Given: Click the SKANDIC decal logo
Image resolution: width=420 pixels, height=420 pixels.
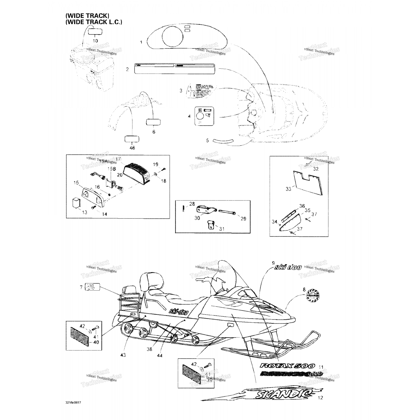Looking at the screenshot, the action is [283, 393].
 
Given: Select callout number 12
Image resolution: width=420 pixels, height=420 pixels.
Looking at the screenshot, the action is [321, 397].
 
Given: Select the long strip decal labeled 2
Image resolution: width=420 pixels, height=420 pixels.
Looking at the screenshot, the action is [175, 69].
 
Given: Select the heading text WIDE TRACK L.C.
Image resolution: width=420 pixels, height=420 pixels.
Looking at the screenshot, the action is [94, 22].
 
